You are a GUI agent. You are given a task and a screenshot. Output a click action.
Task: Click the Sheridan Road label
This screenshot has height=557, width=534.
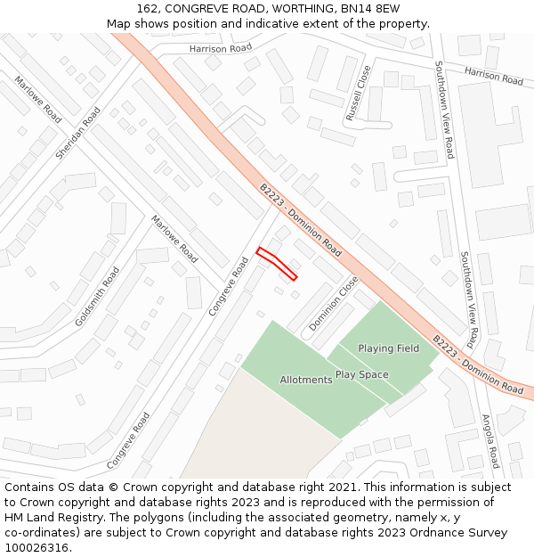pyautogui.click(x=78, y=134)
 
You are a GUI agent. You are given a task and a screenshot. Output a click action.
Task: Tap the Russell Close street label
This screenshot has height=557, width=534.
pyautogui.click(x=358, y=93)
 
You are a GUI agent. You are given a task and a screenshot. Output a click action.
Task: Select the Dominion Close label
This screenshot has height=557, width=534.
pyautogui.click(x=334, y=304)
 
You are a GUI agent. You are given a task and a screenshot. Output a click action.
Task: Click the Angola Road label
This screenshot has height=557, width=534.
pyautogui.click(x=490, y=440)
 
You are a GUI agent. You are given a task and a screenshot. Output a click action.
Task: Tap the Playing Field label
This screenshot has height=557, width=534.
pyautogui.click(x=388, y=348)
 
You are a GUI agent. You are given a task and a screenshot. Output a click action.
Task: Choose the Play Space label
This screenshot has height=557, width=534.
pyautogui.click(x=361, y=374)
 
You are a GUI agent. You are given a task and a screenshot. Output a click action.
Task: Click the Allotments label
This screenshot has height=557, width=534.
pyautogui.click(x=306, y=380)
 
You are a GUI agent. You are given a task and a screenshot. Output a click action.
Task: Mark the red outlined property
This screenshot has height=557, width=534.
pyautogui.click(x=277, y=264)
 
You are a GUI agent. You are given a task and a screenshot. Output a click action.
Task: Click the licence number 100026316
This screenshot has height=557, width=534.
pyautogui.click(x=36, y=548)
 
